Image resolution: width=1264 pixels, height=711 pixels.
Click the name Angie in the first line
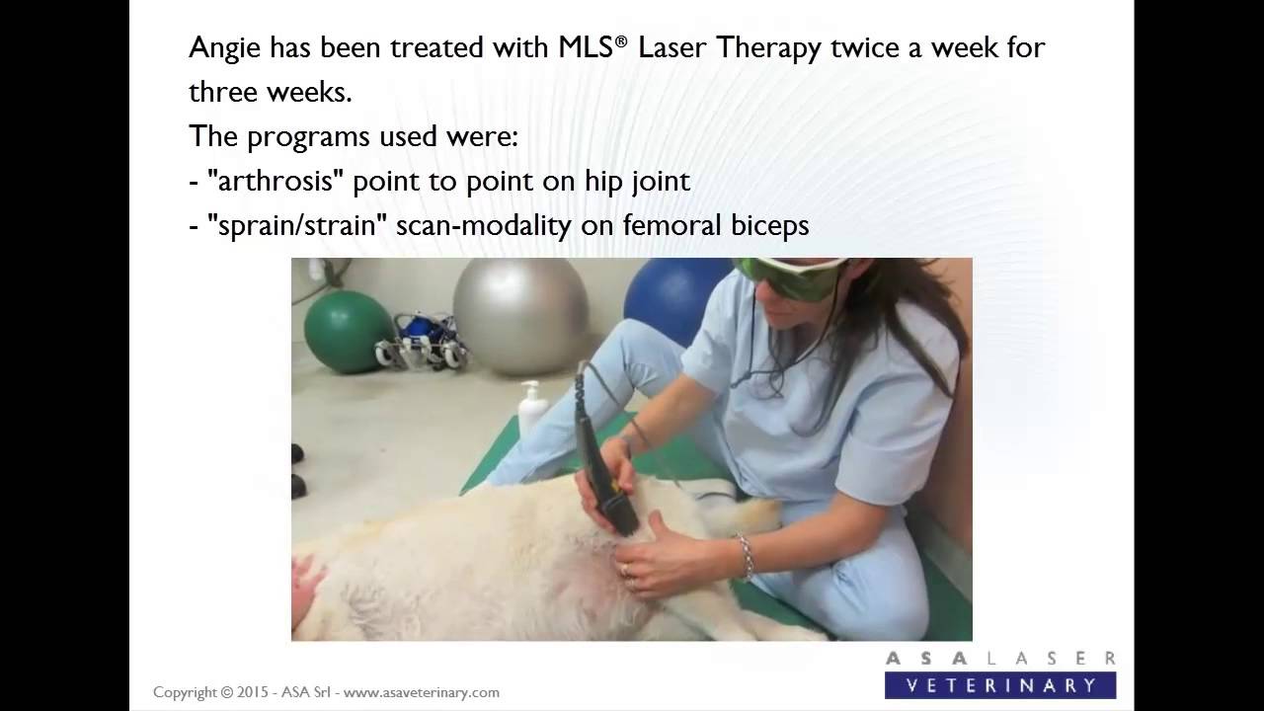pos(222,48)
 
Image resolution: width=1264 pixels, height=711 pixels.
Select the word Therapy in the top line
pos(771,48)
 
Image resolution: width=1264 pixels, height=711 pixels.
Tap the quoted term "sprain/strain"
pos(296,225)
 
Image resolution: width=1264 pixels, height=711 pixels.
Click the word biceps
pos(768,225)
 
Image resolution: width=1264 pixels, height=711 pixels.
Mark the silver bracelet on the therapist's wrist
pos(744,556)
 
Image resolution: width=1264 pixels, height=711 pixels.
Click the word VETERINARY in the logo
pos(1000,684)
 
